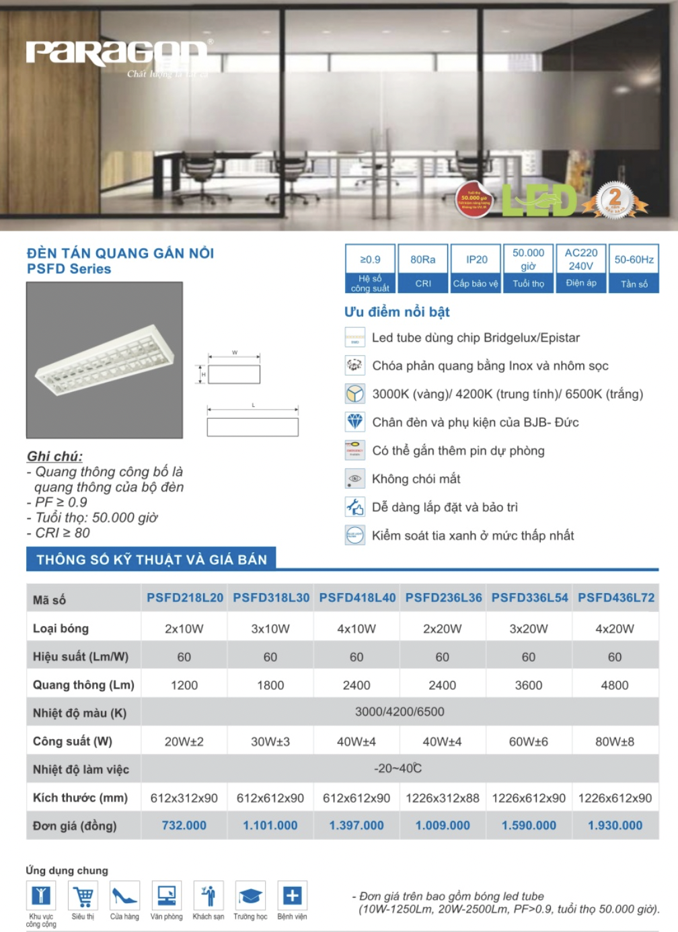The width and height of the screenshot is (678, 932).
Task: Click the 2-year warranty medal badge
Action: pos(615,200)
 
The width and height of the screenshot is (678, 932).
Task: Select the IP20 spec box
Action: pos(476,268)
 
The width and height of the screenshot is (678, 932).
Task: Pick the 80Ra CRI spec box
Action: pos(423,268)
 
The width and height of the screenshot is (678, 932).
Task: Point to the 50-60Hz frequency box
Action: pos(634,268)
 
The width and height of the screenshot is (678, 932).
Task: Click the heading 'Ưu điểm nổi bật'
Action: pos(397,312)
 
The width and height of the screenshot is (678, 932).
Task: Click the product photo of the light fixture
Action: pos(104,360)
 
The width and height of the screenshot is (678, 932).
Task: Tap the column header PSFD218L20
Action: pos(185,598)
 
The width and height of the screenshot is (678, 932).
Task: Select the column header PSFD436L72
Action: pos(616,598)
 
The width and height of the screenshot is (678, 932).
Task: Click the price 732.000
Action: pos(184,825)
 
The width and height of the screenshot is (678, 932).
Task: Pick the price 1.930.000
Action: pos(615,825)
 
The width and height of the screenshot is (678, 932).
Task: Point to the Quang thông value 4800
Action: pos(615,685)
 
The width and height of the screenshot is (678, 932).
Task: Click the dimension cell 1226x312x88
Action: pos(443,798)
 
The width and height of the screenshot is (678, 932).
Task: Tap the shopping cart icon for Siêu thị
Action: pos(83,896)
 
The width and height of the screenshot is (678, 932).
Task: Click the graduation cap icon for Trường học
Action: pos(250,896)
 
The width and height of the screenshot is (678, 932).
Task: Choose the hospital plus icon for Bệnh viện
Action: pos(292,896)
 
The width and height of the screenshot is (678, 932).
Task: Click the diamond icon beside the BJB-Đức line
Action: pos(355,422)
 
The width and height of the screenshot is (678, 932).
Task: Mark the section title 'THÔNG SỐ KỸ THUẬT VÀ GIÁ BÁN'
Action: pos(151,559)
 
